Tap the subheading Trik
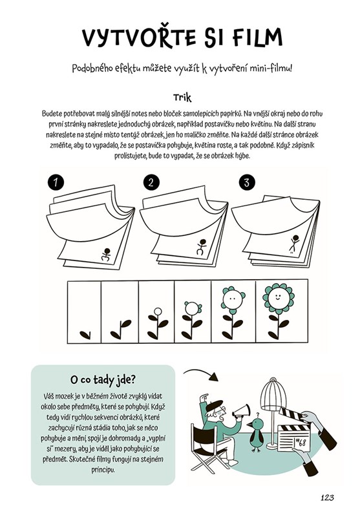click(x=182, y=98)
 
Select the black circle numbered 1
click(x=56, y=182)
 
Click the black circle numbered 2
click(x=151, y=182)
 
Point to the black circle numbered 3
click(x=247, y=182)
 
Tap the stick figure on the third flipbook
click(x=293, y=244)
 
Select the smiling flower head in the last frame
click(x=279, y=298)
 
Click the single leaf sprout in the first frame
click(x=85, y=335)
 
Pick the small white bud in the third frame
click(x=158, y=311)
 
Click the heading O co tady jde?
click(x=103, y=379)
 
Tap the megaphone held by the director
click(x=241, y=411)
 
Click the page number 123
click(x=327, y=498)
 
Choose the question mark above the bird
click(x=258, y=415)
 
